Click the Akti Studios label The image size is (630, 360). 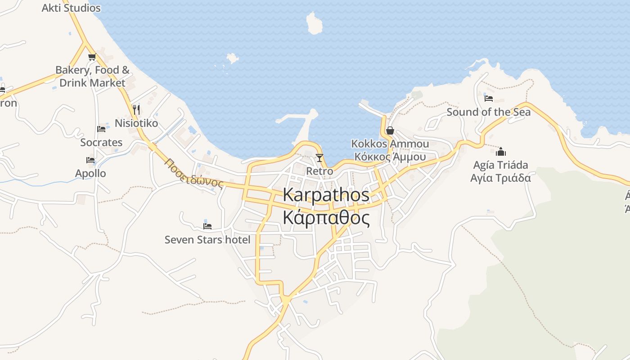(71, 8)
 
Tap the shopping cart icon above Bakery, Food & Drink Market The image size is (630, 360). (92, 57)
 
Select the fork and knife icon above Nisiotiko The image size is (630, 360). (136, 109)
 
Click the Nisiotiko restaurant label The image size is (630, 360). (136, 123)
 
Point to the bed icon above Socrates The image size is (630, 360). (101, 129)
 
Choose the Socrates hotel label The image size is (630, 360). (101, 142)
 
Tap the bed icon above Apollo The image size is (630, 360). (90, 160)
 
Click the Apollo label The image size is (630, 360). (90, 173)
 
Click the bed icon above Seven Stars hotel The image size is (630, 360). (207, 226)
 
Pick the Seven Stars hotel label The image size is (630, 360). (207, 239)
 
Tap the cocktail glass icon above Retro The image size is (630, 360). (319, 157)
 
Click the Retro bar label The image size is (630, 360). (319, 171)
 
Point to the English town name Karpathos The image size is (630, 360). (326, 195)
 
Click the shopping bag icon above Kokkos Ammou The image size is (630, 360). (390, 130)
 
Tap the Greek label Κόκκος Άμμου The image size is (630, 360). (390, 157)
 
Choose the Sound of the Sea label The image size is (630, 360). (489, 112)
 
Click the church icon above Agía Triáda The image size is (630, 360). (501, 151)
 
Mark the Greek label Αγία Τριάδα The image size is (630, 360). (501, 178)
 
